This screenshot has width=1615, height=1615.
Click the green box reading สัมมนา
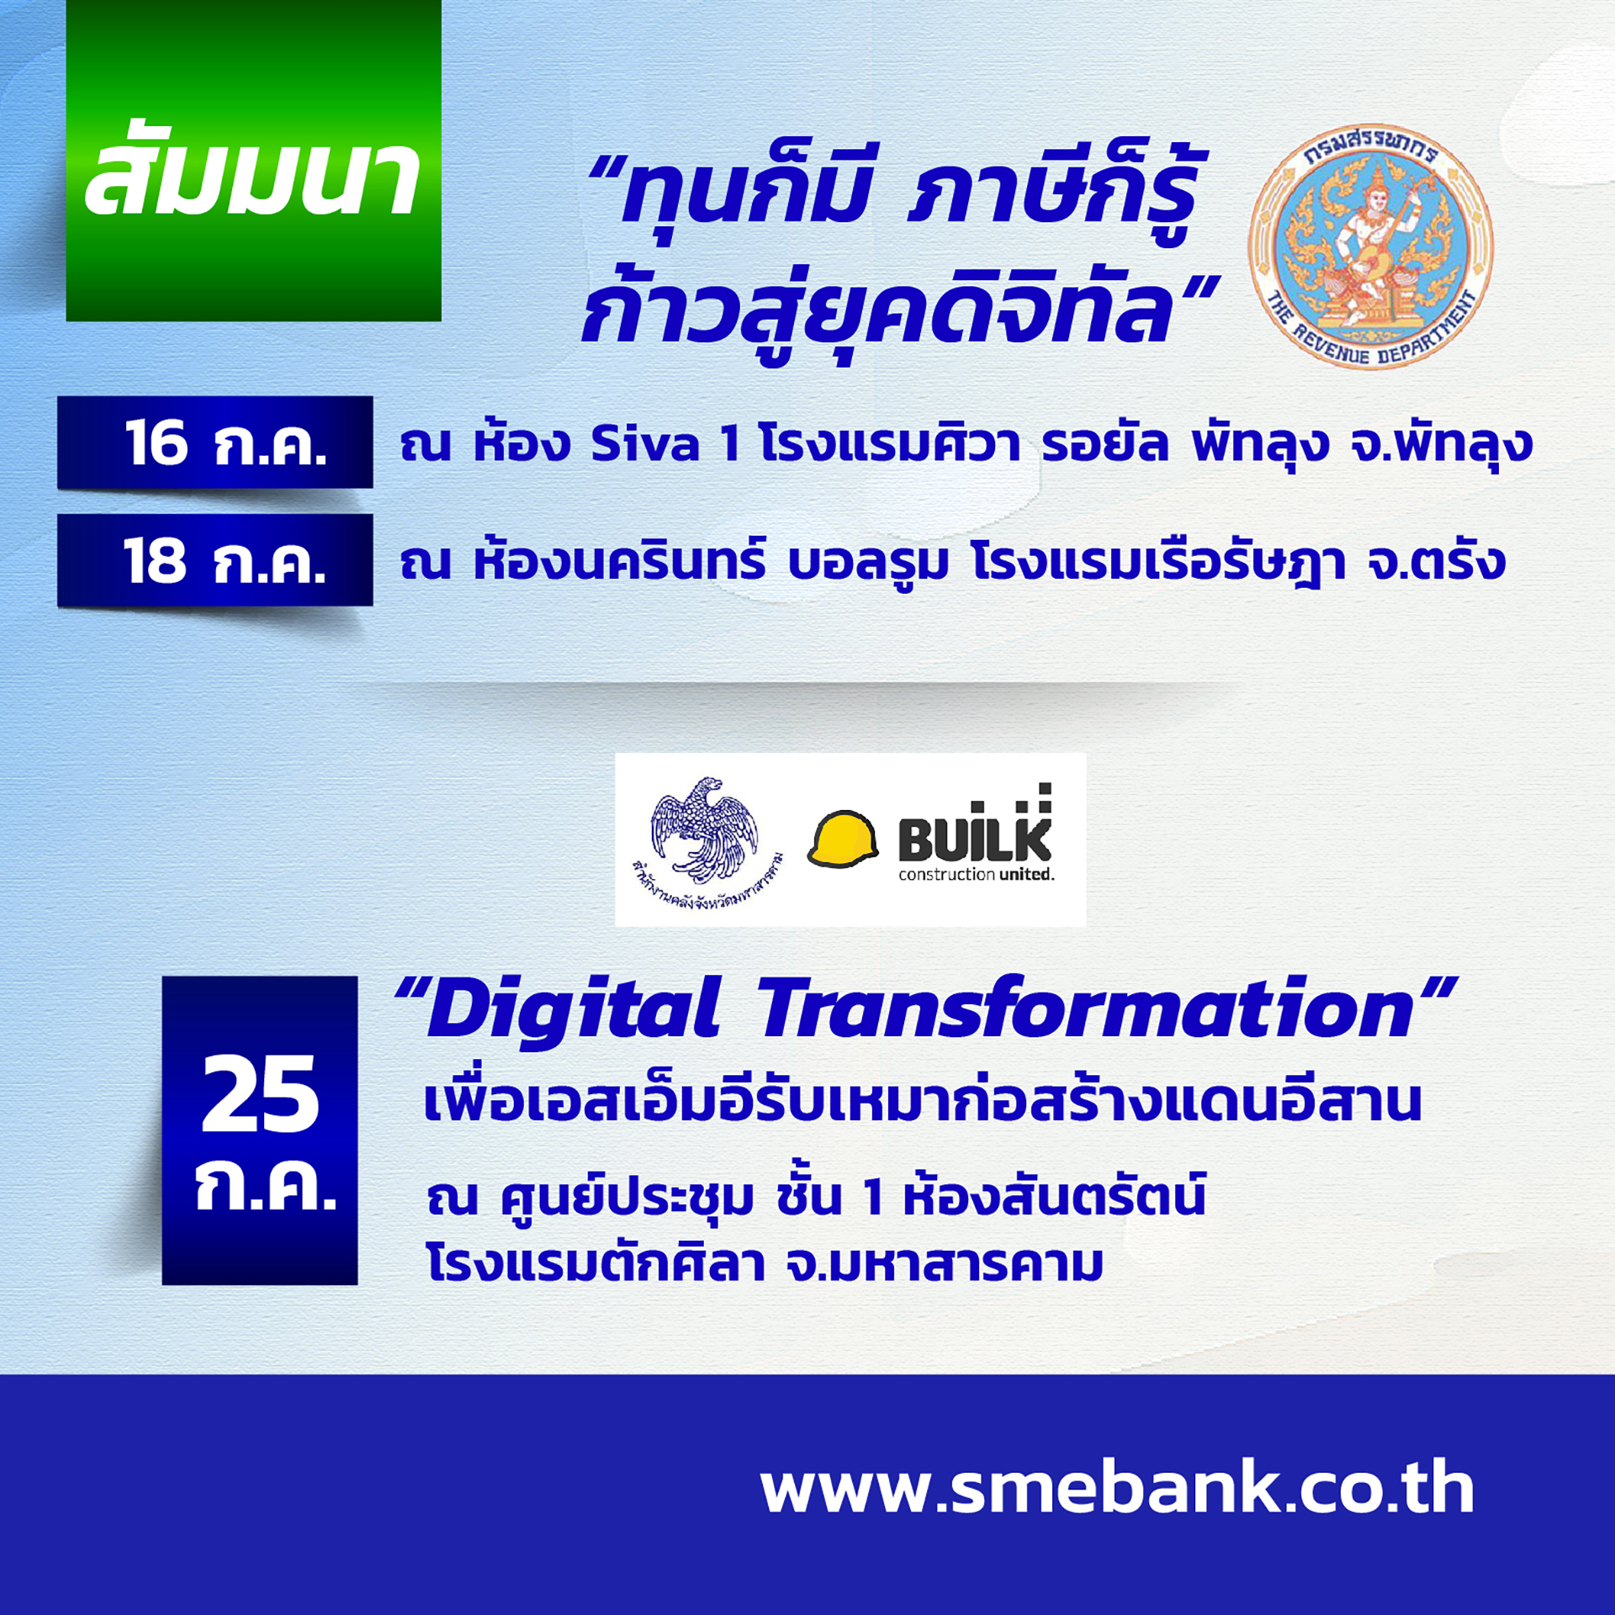pos(253,160)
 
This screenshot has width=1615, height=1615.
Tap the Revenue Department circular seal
pos(1370,246)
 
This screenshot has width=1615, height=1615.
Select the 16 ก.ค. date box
pos(214,442)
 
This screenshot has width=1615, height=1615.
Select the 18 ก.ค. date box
pos(214,560)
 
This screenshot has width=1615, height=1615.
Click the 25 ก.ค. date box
pos(260,1130)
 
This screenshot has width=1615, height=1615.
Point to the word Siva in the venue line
pos(644,443)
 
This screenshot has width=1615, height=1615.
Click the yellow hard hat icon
pos(843,839)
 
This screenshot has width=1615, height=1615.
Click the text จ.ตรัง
pos(1436,561)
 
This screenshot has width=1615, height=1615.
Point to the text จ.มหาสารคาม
pos(944,1264)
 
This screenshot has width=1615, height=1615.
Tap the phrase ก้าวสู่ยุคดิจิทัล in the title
pos(876,313)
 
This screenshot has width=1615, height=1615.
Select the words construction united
pos(976,875)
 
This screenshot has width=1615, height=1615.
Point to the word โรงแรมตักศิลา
pos(596,1263)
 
